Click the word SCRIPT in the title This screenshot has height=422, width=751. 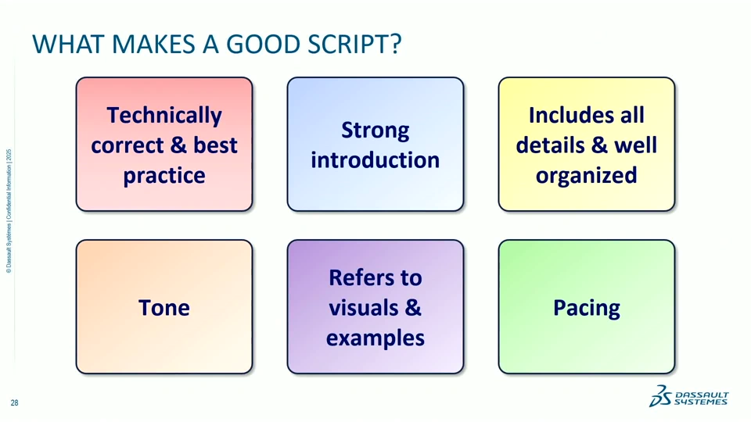[354, 44]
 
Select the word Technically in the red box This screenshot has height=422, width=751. [164, 116]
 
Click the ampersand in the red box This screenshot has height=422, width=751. [178, 145]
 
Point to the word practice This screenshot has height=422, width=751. [164, 176]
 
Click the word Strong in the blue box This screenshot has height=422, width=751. [375, 131]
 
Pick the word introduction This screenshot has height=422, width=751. [375, 160]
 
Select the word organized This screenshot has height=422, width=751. [587, 176]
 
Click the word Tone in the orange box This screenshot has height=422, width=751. [164, 308]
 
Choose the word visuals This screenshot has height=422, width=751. [362, 308]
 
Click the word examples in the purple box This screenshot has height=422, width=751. [375, 338]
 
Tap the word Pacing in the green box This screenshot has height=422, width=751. [587, 309]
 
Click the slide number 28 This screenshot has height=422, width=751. [14, 403]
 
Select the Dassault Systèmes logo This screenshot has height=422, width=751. [688, 396]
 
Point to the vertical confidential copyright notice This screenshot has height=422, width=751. [9, 211]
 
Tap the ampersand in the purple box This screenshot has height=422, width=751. [412, 308]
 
